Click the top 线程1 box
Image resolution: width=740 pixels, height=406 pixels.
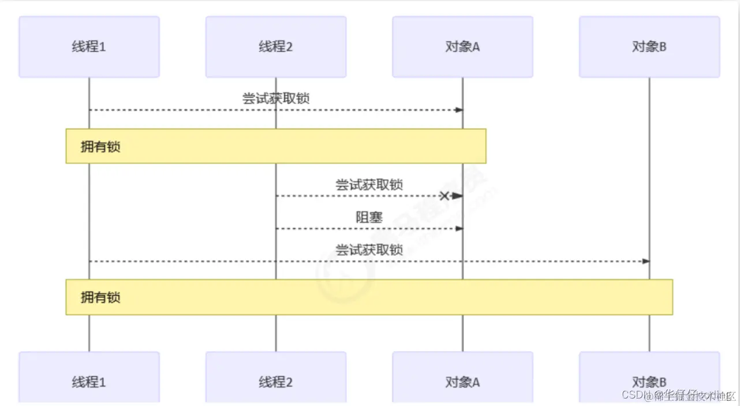(89, 47)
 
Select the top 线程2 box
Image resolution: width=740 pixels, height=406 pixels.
(276, 47)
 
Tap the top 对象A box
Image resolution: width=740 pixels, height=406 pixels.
(462, 47)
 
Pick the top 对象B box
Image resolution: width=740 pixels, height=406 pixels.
(649, 47)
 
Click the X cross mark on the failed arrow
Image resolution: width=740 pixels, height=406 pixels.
(444, 196)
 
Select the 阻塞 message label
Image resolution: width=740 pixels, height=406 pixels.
(369, 217)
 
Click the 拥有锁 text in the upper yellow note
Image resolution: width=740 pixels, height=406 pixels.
(100, 147)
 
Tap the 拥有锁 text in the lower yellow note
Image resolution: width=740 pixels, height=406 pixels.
(100, 297)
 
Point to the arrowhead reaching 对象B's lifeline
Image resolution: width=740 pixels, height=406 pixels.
(646, 262)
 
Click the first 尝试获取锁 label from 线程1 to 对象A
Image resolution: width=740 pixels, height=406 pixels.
(276, 98)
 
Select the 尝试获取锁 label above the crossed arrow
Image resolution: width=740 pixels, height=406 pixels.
(369, 185)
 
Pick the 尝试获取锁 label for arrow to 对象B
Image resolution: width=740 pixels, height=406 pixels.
(369, 250)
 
